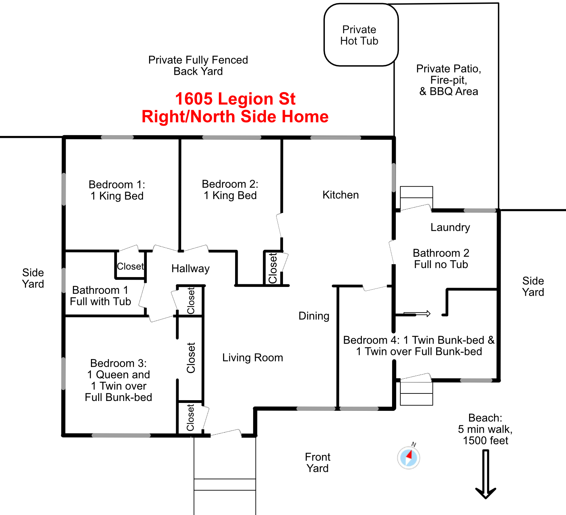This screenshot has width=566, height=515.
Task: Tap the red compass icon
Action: pos(409,457)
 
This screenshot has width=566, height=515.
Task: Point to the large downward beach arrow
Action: pos(486,474)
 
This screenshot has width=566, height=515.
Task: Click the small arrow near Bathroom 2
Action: pos(417,313)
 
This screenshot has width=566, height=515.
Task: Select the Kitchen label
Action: pos(341,195)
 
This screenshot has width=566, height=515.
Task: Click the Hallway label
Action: pos(191,268)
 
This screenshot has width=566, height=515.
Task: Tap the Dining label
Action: pos(314,316)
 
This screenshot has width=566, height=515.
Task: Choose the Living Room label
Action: pos(252,358)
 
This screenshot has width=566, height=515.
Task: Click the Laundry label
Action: pos(450,227)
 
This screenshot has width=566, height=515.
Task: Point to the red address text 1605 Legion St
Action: pos(235,99)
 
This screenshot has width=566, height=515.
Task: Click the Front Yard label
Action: pos(317,463)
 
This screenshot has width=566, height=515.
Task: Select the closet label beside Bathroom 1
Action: pos(130,266)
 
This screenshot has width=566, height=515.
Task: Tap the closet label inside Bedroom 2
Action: pos(272,268)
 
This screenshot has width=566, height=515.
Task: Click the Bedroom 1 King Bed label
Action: pos(117,190)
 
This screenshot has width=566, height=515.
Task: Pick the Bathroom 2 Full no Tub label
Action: pos(441,259)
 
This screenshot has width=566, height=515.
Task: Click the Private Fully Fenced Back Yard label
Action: pos(198,65)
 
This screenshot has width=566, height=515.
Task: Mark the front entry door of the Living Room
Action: pos(226,433)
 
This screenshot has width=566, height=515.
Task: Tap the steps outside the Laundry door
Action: pos(416,197)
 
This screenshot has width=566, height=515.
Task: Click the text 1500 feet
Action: pos(485,441)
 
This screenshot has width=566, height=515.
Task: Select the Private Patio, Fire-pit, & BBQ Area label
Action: pos(449,80)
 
